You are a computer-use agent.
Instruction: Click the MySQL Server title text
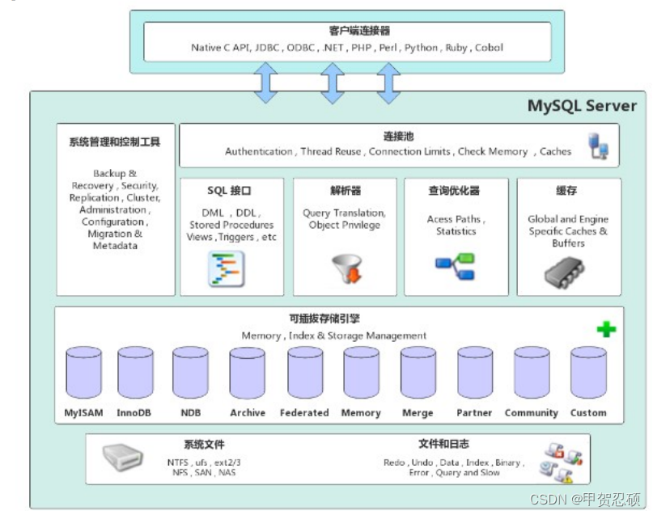(x=582, y=106)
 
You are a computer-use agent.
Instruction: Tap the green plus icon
(x=606, y=330)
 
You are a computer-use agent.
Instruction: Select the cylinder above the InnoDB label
(x=135, y=373)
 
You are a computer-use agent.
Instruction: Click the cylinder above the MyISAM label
(x=83, y=373)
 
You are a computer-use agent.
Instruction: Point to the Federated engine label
(x=304, y=412)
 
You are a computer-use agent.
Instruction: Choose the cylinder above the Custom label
(x=588, y=373)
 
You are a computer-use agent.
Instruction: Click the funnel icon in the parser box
(x=347, y=268)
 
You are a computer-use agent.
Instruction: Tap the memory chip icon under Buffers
(x=564, y=272)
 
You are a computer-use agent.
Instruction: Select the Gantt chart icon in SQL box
(x=226, y=269)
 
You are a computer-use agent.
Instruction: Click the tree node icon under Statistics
(x=456, y=266)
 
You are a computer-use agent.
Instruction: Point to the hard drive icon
(x=123, y=457)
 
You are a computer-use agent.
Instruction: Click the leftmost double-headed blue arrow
(x=265, y=82)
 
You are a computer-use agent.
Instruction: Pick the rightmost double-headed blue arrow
(x=388, y=82)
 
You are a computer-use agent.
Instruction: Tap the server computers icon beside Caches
(x=598, y=146)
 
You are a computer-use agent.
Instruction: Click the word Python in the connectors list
(x=421, y=48)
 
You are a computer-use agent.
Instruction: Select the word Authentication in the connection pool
(x=259, y=151)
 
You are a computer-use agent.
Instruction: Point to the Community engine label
(x=532, y=412)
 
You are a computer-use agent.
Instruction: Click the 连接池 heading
(x=399, y=137)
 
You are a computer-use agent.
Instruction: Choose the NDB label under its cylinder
(x=191, y=412)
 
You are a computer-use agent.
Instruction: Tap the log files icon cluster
(x=561, y=462)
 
